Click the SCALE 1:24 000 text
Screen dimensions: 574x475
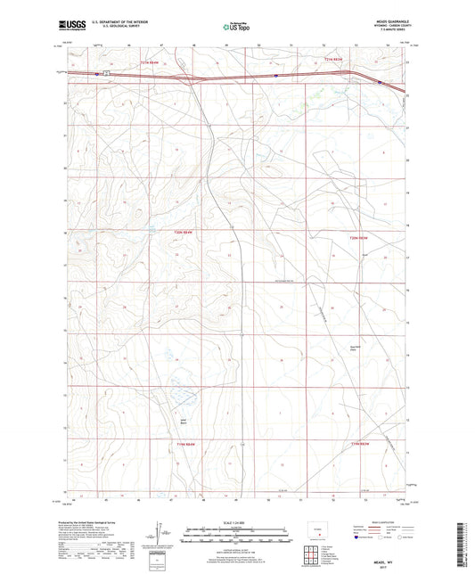click(237, 522)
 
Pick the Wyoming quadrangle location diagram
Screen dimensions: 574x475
click(318, 529)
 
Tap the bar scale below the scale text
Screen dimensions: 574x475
click(237, 535)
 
